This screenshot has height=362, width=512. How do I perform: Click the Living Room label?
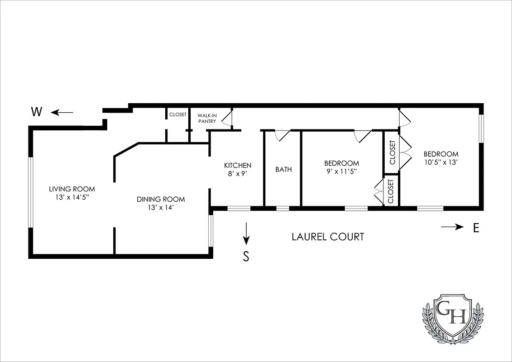pyautogui.click(x=72, y=189)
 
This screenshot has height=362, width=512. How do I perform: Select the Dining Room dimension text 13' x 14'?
pyautogui.click(x=161, y=208)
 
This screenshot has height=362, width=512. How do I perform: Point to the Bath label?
pyautogui.click(x=283, y=170)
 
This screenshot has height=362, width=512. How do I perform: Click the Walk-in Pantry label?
pyautogui.click(x=207, y=118)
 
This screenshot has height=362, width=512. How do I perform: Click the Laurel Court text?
pyautogui.click(x=328, y=236)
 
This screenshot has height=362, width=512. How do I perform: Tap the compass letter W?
pyautogui.click(x=37, y=112)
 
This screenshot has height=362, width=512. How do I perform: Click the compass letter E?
pyautogui.click(x=476, y=228)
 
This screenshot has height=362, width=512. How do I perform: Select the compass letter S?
pyautogui.click(x=246, y=257)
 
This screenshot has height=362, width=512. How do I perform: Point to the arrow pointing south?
pyautogui.click(x=246, y=232)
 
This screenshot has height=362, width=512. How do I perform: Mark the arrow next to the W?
pyautogui.click(x=62, y=112)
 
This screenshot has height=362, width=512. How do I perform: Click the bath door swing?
pyautogui.click(x=282, y=135)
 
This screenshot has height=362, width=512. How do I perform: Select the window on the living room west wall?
pyautogui.click(x=31, y=192)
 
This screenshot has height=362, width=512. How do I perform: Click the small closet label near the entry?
pyautogui.click(x=177, y=115)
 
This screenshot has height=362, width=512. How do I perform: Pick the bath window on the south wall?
pyautogui.click(x=282, y=209)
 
